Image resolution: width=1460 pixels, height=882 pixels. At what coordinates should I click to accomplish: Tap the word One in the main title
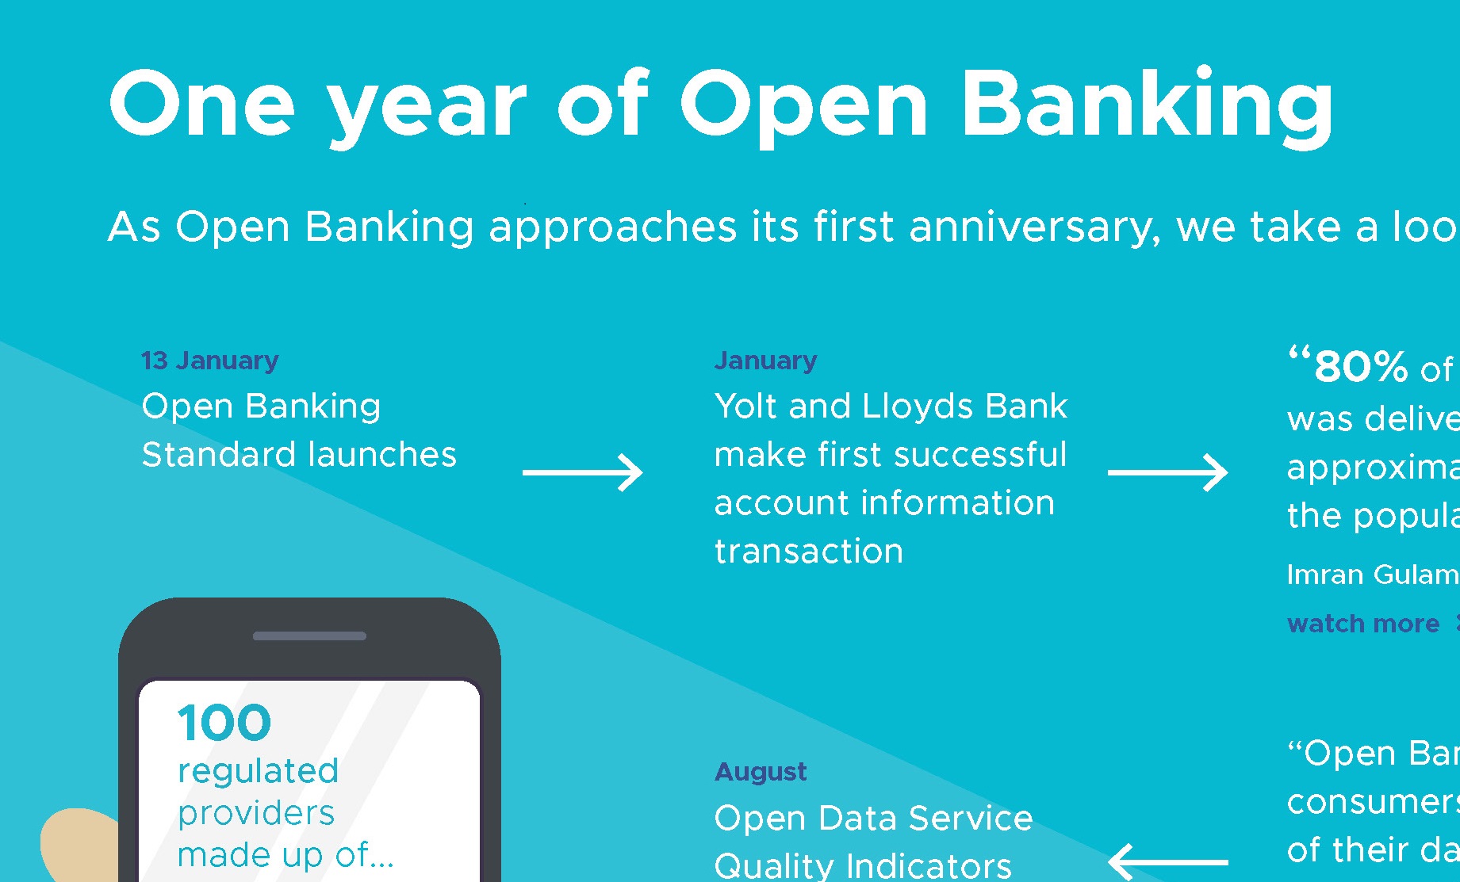click(x=202, y=105)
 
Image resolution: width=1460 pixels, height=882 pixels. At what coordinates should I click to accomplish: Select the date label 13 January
click(x=210, y=361)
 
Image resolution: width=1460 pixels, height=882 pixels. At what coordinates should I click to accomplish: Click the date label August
click(x=761, y=772)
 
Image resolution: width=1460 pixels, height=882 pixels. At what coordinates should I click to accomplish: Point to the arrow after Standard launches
click(x=583, y=472)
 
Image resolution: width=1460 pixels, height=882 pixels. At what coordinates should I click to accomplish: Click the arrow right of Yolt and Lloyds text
click(x=1167, y=472)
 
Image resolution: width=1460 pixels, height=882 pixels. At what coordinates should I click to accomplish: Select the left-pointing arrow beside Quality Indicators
click(x=1167, y=861)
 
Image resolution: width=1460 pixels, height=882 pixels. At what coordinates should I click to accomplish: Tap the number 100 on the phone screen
click(x=224, y=723)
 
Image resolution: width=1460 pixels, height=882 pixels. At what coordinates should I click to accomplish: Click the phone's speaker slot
click(x=309, y=636)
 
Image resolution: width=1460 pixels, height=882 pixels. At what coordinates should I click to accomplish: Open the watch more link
click(x=1363, y=624)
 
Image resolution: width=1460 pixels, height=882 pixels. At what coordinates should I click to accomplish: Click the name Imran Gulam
click(x=1372, y=575)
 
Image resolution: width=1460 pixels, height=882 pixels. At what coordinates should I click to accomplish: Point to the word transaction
click(x=809, y=552)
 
